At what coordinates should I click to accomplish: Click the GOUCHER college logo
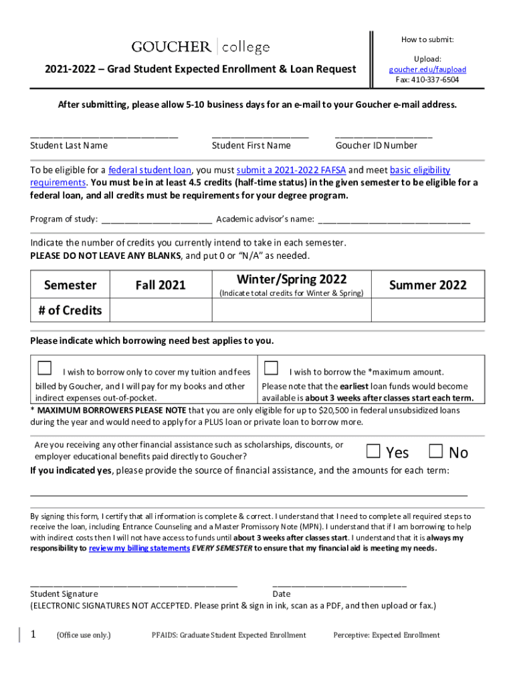pyautogui.click(x=201, y=47)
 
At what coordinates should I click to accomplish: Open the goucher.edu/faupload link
pyautogui.click(x=427, y=70)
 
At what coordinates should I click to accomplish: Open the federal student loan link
pyautogui.click(x=150, y=171)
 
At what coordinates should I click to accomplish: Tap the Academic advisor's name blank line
pyautogui.click(x=394, y=219)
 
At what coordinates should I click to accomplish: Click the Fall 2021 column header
pyautogui.click(x=161, y=285)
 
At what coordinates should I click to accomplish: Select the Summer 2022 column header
pyautogui.click(x=427, y=285)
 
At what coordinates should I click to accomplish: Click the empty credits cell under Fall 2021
pyautogui.click(x=161, y=310)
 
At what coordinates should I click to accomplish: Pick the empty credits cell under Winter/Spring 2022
pyautogui.click(x=292, y=310)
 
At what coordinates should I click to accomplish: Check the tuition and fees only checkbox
pyautogui.click(x=45, y=368)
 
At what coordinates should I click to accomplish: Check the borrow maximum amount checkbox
pyautogui.click(x=271, y=368)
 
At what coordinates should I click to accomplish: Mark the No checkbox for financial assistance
pyautogui.click(x=436, y=452)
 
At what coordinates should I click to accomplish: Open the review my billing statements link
pyautogui.click(x=139, y=549)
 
